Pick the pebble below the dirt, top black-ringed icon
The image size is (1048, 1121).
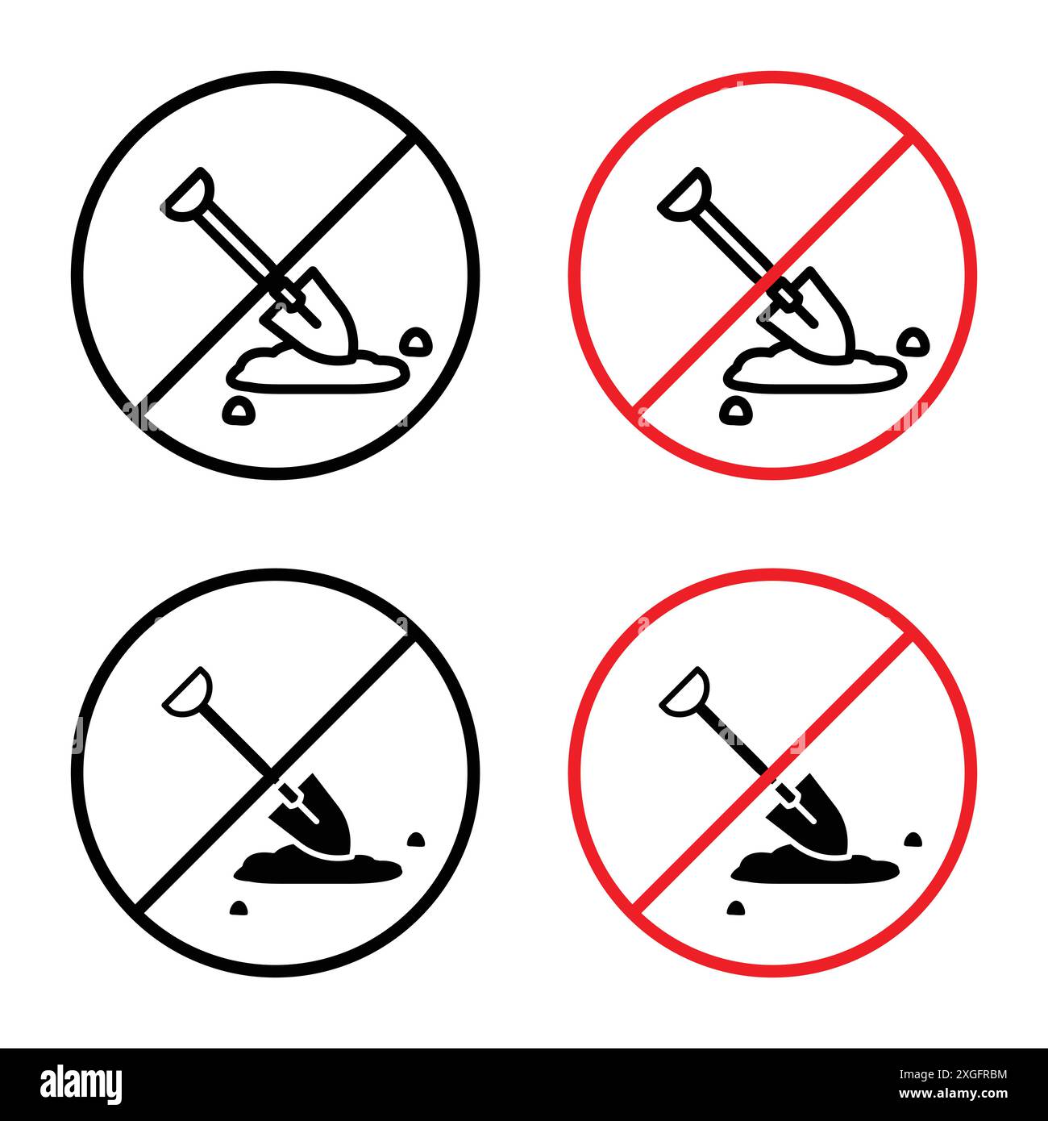tap(236, 411)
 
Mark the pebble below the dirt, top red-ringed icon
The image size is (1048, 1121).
tap(734, 411)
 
